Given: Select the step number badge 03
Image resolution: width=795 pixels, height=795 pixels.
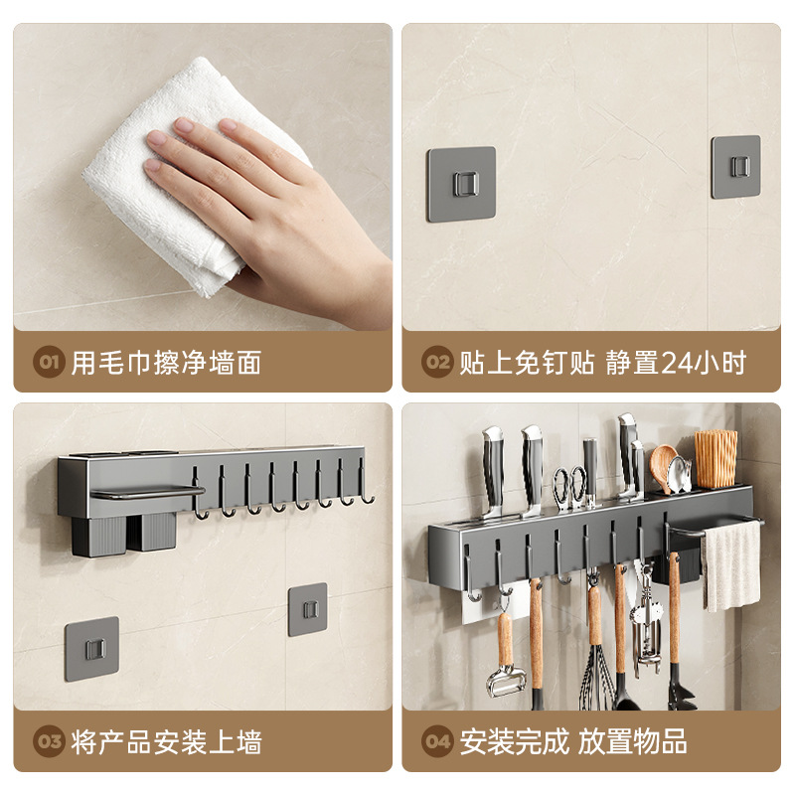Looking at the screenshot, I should [49, 741].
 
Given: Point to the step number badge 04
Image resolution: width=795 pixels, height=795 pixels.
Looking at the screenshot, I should [437, 741].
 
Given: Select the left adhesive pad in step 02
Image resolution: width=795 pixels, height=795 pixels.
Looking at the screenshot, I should [461, 184].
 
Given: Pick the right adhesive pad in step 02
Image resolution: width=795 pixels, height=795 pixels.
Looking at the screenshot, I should [735, 166].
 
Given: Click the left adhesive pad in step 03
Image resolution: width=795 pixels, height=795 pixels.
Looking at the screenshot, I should [91, 649].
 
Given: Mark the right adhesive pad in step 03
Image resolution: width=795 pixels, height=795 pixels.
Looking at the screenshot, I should [307, 609].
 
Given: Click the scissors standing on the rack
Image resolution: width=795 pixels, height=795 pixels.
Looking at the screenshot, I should [568, 487].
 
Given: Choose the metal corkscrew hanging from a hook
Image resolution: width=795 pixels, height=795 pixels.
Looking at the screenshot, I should [646, 626].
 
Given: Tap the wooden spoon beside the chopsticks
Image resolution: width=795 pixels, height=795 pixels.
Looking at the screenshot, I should [664, 463].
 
